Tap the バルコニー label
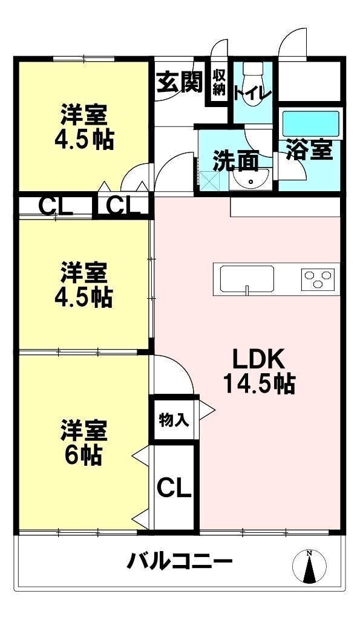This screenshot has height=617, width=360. click(180, 562)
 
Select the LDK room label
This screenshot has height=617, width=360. click(258, 359)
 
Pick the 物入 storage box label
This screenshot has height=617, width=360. click(172, 419)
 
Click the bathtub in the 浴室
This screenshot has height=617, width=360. click(311, 124)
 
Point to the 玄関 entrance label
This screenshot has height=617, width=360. click(180, 82)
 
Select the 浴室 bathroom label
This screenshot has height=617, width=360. click(310, 150)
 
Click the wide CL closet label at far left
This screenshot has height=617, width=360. click(56, 207)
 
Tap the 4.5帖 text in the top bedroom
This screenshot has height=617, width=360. click(83, 140)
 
